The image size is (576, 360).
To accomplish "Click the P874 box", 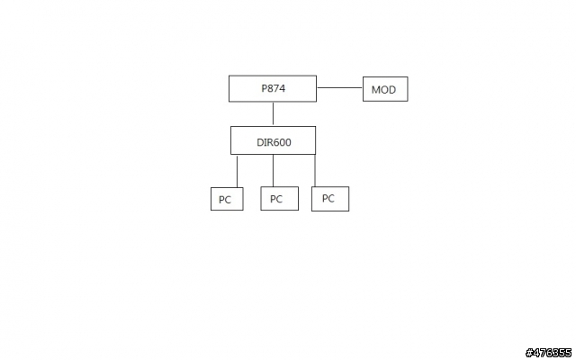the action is coord(273,88).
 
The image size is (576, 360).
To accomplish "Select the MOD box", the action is coord(385,89).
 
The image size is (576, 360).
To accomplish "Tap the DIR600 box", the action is coord(273,140).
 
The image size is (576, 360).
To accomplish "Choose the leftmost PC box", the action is coord(227,199).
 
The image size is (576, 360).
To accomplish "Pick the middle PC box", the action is coord(280,198).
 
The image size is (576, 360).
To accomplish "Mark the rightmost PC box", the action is coord(330,199).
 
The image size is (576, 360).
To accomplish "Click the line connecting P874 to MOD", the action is coord(340,88).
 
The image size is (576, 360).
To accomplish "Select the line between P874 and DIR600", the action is coord(273,114).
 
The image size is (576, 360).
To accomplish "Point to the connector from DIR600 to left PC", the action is coord(237,171).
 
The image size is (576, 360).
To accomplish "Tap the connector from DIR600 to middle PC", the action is coord(273,170).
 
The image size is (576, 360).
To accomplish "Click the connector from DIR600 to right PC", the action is coord(315,170).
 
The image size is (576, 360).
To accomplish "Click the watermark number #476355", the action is coord(548,353).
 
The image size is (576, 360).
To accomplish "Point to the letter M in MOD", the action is coord(376,90).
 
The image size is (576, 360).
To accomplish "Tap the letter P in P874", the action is coord(264,88).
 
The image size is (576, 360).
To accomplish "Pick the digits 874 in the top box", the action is coord(276,88).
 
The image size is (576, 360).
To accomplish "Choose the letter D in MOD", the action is coord(392,90).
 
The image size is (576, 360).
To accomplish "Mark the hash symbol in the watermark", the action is coord(529,353).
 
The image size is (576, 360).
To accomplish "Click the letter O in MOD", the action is coord(384,90).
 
